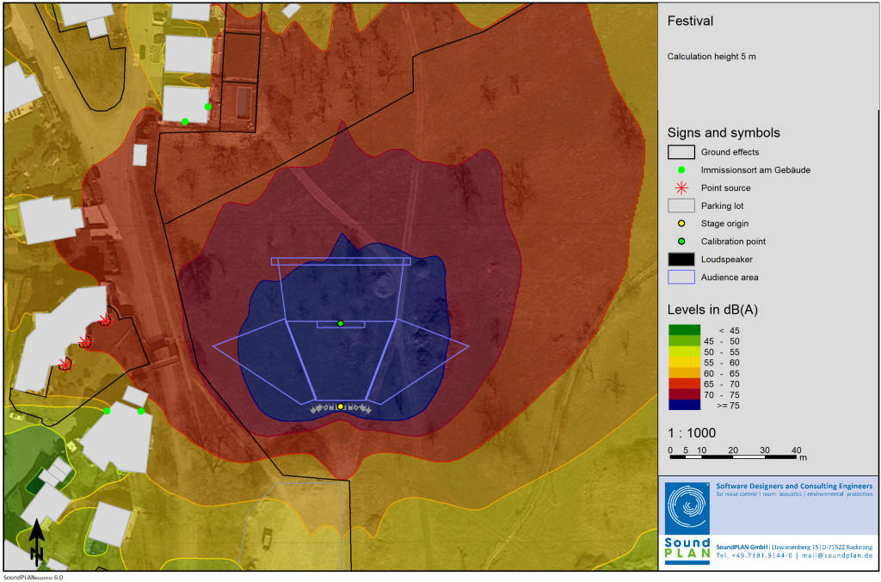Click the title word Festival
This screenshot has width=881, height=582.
pyautogui.click(x=690, y=21)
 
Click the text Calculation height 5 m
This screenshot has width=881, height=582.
pyautogui.click(x=712, y=57)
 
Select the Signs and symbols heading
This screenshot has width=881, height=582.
pyautogui.click(x=724, y=132)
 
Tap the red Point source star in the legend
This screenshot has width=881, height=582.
pyautogui.click(x=681, y=188)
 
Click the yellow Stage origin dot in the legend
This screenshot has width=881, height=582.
pyautogui.click(x=681, y=224)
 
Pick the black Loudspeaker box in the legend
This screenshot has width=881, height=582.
pyautogui.click(x=681, y=259)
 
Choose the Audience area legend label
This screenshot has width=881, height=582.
pyautogui.click(x=729, y=277)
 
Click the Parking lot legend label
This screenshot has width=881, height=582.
pyautogui.click(x=722, y=205)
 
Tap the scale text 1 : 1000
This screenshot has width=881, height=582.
pyautogui.click(x=692, y=433)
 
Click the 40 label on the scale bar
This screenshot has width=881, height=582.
pyautogui.click(x=797, y=450)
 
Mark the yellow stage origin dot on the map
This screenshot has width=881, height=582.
pyautogui.click(x=341, y=406)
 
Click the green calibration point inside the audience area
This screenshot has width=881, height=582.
pyautogui.click(x=341, y=323)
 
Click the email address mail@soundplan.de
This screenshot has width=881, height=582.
pyautogui.click(x=835, y=556)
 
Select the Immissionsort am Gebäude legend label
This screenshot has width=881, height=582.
pyautogui.click(x=755, y=170)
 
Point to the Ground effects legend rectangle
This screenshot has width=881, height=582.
pyautogui.click(x=681, y=152)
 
